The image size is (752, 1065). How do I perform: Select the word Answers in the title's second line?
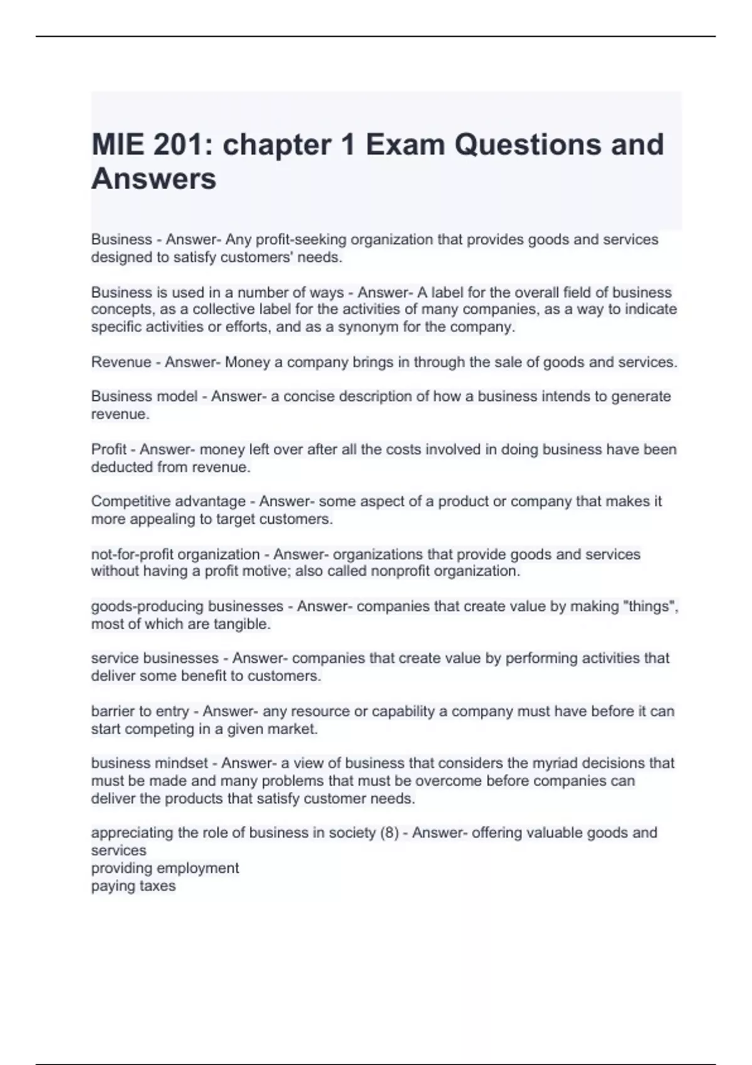(154, 179)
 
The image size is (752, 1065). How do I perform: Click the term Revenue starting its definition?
(121, 362)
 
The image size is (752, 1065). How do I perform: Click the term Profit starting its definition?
(108, 449)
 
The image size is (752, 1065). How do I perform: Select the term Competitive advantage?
(168, 501)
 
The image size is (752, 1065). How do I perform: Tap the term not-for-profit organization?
(175, 554)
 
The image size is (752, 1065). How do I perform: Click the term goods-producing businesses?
(187, 606)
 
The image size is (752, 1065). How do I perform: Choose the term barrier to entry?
(140, 711)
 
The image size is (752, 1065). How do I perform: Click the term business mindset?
(149, 763)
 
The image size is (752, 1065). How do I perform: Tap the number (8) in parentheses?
(389, 833)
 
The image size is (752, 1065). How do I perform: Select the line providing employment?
(165, 868)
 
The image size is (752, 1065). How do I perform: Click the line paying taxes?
(133, 886)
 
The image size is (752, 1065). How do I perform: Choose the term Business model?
(144, 397)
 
